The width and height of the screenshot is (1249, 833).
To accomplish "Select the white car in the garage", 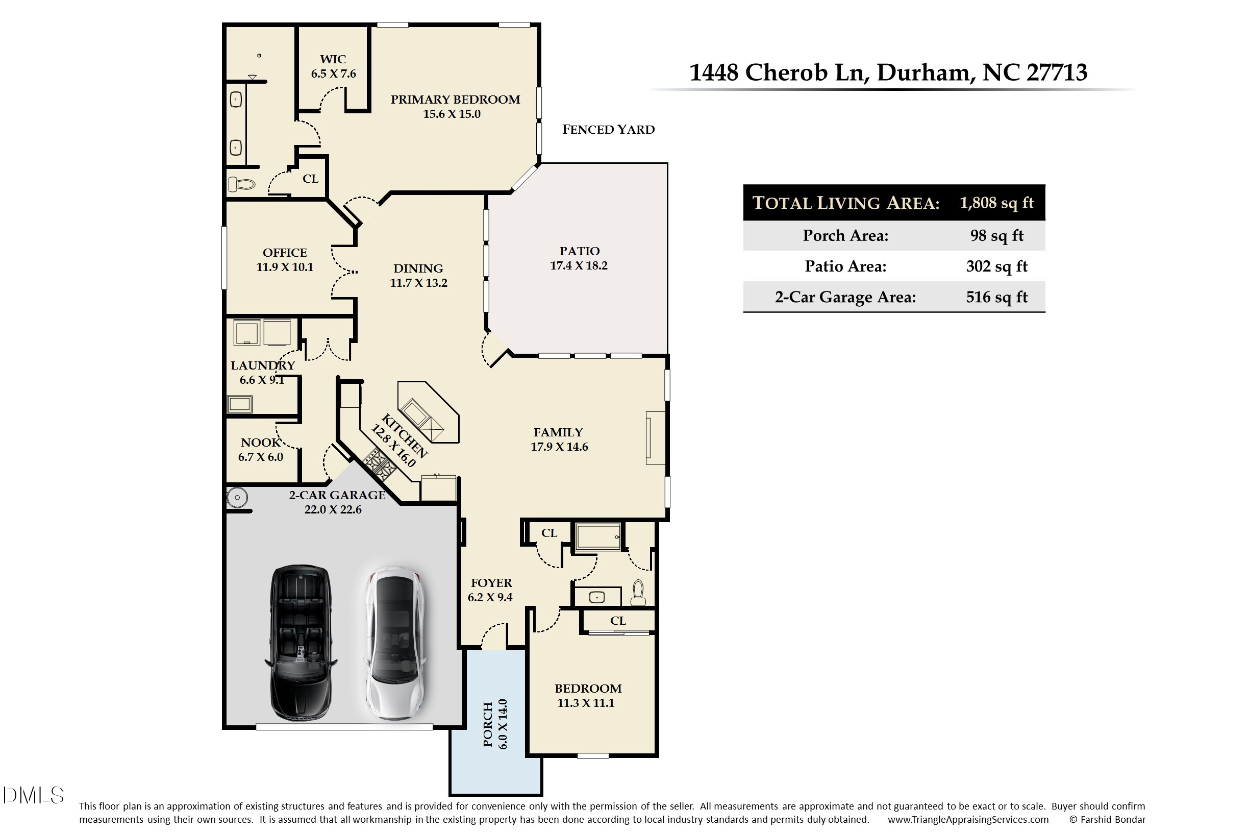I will click(x=395, y=643).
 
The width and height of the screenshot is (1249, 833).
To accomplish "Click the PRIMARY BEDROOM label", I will click(x=455, y=100).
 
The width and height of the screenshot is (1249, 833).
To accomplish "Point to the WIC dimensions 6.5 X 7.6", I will click(x=333, y=74).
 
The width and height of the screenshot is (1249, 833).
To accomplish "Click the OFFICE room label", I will click(x=285, y=252).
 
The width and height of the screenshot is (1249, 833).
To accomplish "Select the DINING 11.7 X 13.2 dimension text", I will click(x=418, y=283).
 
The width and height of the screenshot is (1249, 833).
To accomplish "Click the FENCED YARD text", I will click(x=608, y=130).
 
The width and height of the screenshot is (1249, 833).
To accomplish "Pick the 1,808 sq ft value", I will click(x=996, y=203).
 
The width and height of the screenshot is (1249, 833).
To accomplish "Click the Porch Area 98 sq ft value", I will click(x=996, y=235).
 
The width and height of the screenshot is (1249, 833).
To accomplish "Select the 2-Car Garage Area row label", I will click(x=845, y=297).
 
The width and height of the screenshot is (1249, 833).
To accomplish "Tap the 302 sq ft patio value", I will click(x=996, y=266).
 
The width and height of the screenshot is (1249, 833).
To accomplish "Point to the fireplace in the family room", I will click(x=655, y=438).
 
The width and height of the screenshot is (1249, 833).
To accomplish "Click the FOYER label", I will click(x=491, y=583).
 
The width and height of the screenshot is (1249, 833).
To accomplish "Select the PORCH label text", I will click(x=487, y=724).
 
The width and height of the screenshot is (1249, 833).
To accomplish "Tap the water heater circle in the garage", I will click(x=237, y=498).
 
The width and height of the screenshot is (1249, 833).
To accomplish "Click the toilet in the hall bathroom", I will click(x=638, y=593).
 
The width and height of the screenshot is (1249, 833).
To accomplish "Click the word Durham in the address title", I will click(x=925, y=72).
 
